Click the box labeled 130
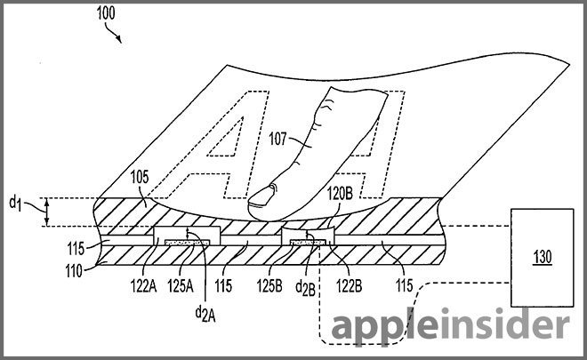tap(540, 258)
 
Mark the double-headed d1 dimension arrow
tap(44, 212)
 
